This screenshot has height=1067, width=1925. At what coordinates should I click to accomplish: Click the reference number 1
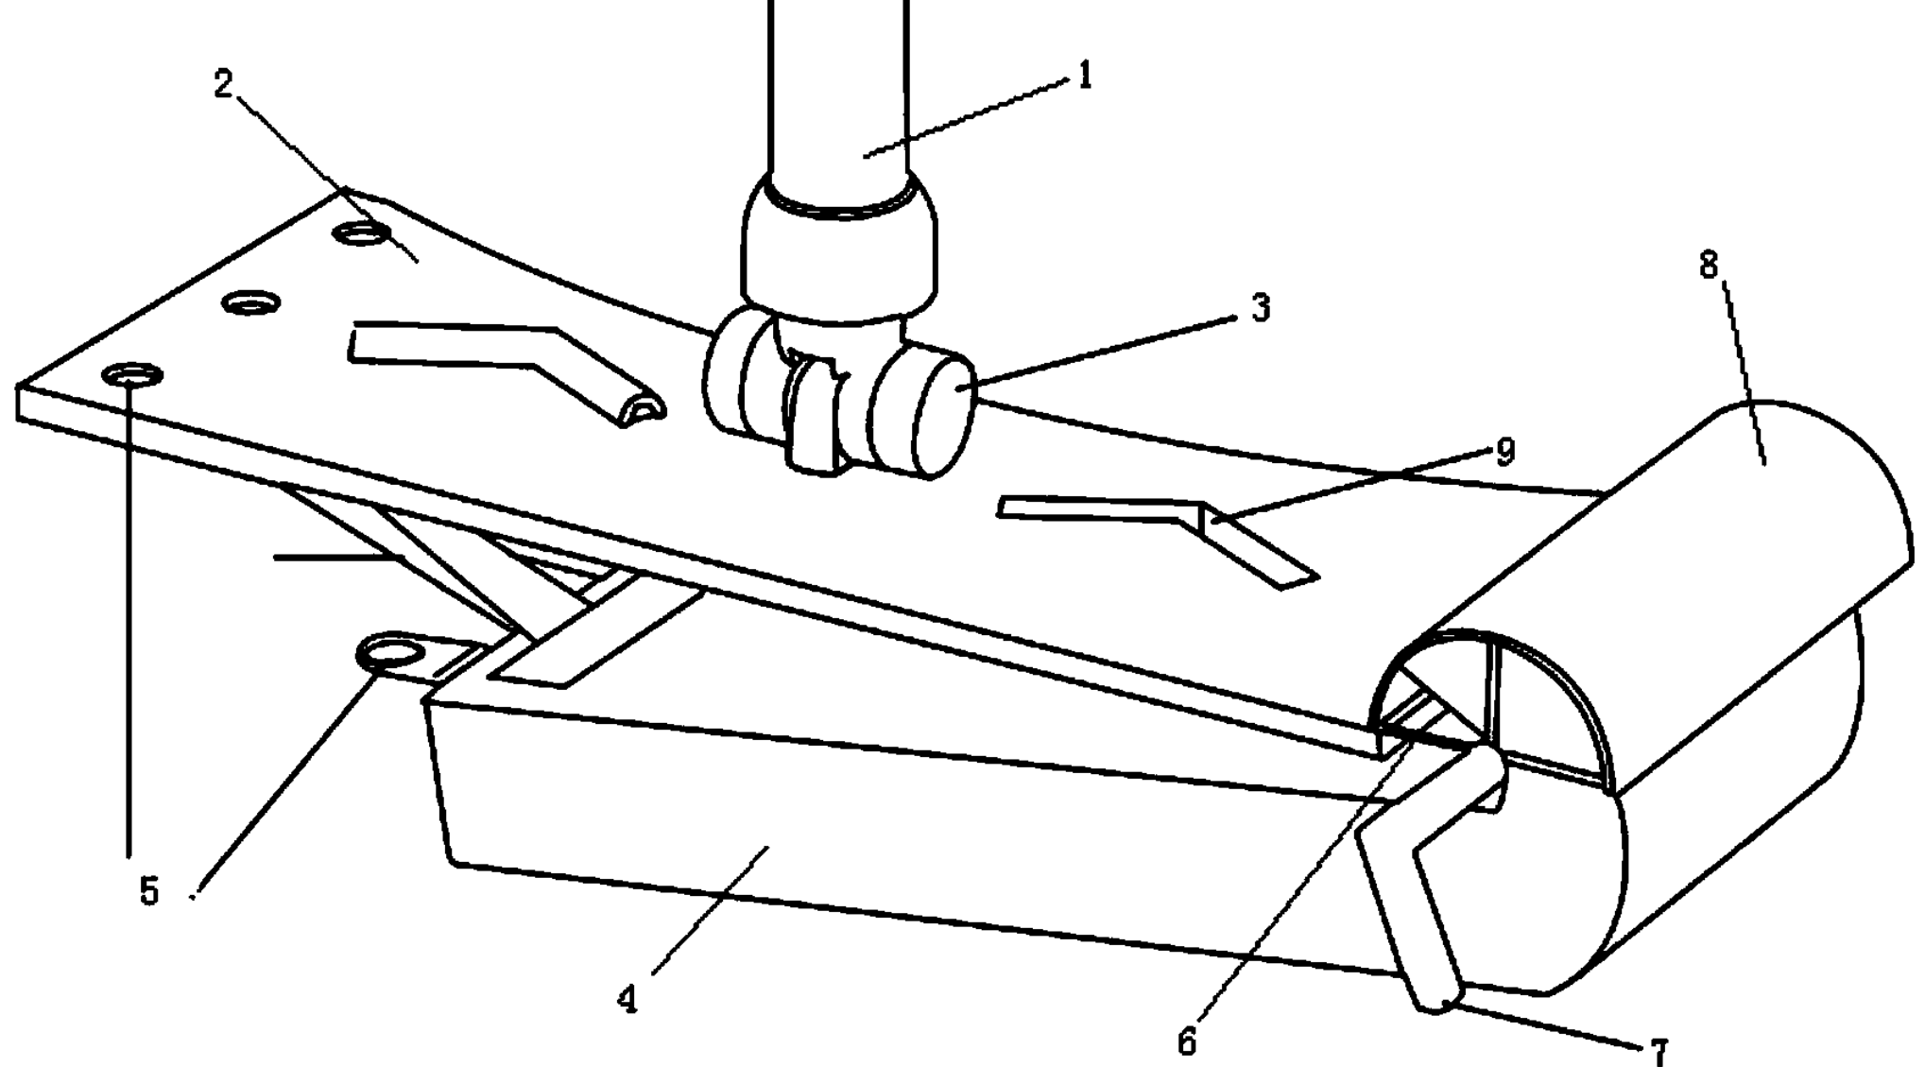coord(1085,75)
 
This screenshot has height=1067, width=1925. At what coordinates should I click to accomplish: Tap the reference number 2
coord(223,85)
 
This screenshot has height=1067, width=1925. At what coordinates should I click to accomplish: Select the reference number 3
coord(1261,309)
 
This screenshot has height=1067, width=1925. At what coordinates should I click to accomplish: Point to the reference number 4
coord(627,1000)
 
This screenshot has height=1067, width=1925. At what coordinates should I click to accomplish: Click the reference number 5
coord(149,890)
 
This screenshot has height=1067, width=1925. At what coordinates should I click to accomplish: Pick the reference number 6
coord(1187,1041)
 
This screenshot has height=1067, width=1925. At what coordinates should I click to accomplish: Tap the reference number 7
coord(1659,1051)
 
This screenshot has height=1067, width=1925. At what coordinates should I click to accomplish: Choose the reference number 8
coord(1709,266)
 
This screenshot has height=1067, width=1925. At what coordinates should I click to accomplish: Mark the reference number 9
coord(1505,451)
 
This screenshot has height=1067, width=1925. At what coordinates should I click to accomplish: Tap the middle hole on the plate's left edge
coord(251,303)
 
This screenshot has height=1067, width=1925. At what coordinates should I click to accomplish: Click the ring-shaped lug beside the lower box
coord(389,652)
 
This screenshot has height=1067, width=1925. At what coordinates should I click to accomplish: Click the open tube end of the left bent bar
coord(644,408)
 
